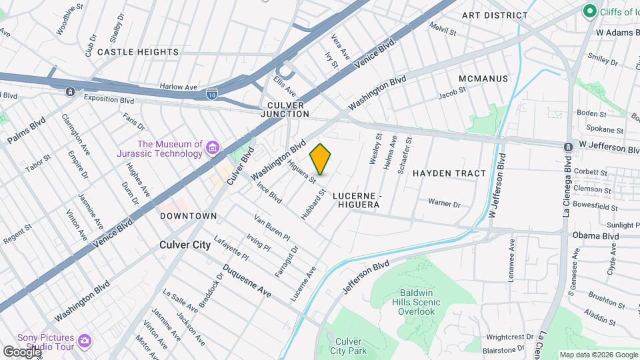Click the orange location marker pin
[321, 159]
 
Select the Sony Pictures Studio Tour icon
[84, 341]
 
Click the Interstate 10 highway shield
[211, 94]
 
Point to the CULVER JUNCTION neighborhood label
[288, 109]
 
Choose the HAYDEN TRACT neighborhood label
[449, 173]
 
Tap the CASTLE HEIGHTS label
[138, 52]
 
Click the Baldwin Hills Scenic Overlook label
[417, 302]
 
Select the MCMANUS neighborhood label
[483, 79]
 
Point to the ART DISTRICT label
[495, 15]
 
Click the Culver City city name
[185, 245]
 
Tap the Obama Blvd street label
[595, 236]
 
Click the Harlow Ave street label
[179, 87]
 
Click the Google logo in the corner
[21, 351]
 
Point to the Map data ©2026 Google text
[598, 355]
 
